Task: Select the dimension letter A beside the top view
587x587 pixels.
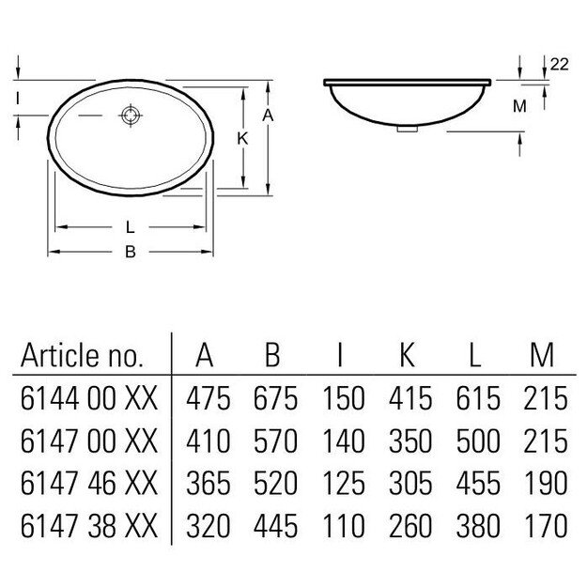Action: (267, 114)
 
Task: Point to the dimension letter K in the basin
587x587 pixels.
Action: (241, 138)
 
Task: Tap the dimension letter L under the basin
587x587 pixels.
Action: (131, 226)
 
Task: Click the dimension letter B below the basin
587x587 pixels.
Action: (131, 251)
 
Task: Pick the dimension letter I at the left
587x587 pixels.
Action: (18, 97)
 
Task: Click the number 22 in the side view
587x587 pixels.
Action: (559, 64)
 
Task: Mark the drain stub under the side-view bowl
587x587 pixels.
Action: (406, 130)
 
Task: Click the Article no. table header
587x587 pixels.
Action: (83, 356)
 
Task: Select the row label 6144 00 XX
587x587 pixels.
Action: (89, 399)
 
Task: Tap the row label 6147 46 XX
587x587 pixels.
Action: (89, 483)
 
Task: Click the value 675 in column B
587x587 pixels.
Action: (275, 399)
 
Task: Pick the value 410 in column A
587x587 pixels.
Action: (208, 440)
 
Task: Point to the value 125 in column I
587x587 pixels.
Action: (342, 483)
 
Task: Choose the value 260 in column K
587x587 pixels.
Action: (410, 524)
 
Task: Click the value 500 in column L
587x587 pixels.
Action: (477, 440)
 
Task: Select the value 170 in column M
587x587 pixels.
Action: (545, 524)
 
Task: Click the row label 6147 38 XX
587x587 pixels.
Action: (89, 524)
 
